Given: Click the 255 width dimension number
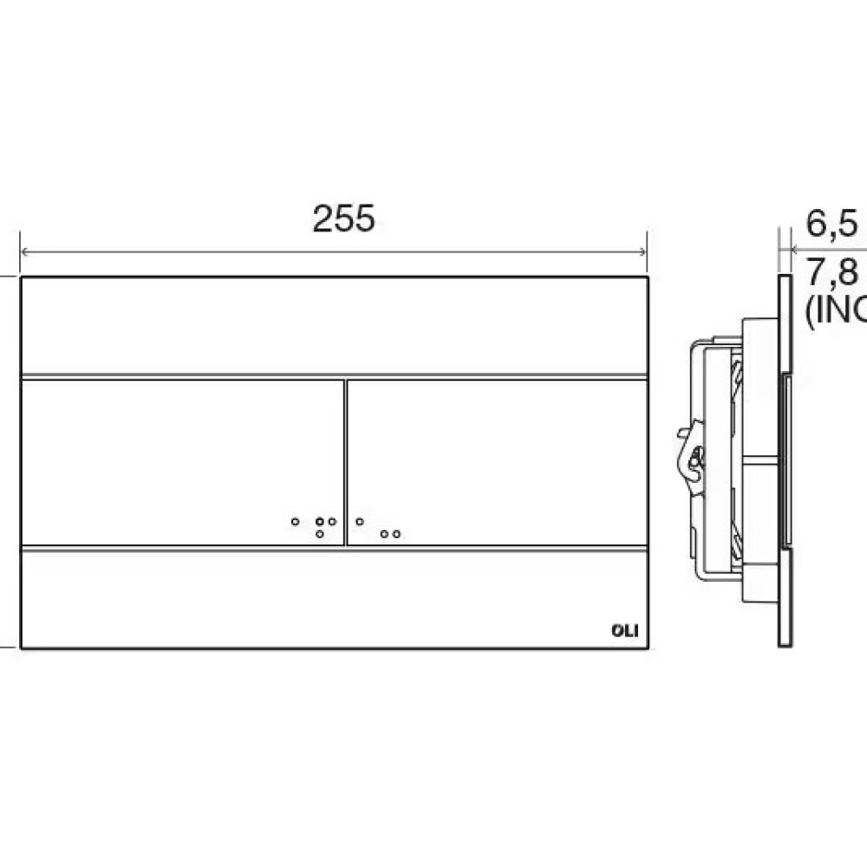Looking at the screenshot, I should click(x=344, y=219).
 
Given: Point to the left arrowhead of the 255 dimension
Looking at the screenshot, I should click(x=25, y=252).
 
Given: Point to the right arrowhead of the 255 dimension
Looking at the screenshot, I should click(x=642, y=252).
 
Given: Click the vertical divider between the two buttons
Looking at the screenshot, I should click(x=345, y=461).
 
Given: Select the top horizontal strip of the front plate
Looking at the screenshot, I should click(x=334, y=326).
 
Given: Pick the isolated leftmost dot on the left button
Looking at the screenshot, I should click(x=296, y=522).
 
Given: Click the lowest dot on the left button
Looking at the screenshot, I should click(x=320, y=534).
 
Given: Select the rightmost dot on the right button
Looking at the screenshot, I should click(x=396, y=534).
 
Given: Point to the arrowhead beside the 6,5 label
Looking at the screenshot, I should click(x=782, y=252).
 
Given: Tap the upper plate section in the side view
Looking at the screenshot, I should click(x=785, y=325).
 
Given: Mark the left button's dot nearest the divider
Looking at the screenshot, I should click(x=332, y=522).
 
